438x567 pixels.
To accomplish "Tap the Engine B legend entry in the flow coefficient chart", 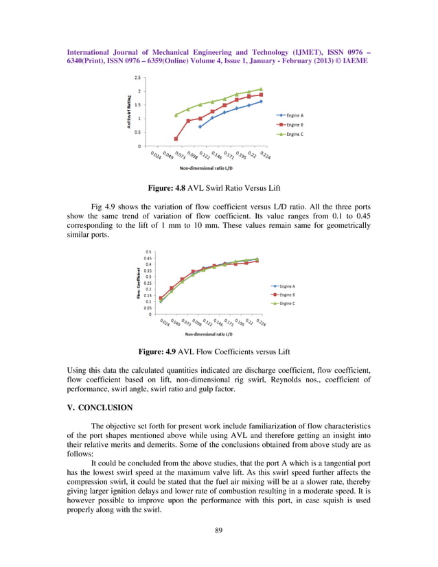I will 282,294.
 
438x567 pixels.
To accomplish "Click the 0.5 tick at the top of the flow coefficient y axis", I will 148,252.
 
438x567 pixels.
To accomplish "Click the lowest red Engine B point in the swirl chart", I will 176,139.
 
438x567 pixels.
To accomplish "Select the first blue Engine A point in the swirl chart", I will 200,127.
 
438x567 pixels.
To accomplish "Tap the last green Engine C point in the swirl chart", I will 261,89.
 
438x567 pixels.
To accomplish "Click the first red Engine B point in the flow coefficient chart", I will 161,299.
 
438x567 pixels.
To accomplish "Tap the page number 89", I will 219,529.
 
